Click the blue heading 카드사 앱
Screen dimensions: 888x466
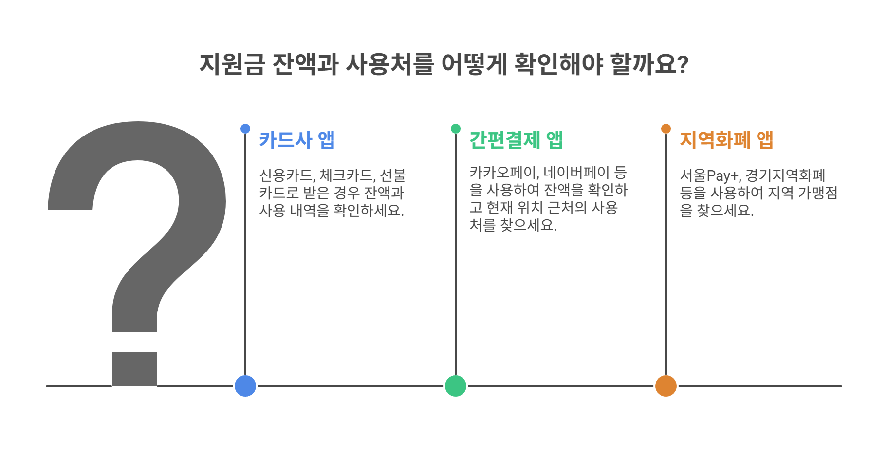coord(296,140)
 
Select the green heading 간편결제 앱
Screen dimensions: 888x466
coord(516,140)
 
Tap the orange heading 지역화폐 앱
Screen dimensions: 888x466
coord(726,140)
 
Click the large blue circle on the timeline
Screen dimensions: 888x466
coord(245,386)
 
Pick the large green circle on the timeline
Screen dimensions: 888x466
coord(456,386)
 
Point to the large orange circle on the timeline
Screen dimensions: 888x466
coord(666,386)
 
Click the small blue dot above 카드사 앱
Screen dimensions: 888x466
coord(245,129)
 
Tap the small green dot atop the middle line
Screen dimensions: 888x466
coord(456,129)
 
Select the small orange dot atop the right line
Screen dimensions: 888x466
coord(666,129)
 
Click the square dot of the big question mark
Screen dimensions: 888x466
coord(134,369)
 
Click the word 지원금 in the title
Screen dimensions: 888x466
coord(232,64)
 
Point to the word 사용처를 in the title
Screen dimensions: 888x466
coord(389,64)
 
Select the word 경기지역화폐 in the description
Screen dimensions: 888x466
coord(785,175)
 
